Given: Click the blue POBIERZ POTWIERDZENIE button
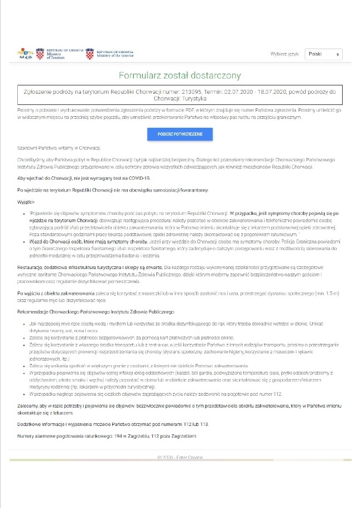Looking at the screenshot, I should (180, 135).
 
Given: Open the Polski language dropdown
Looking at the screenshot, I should (323, 54).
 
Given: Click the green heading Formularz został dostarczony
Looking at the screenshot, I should (180, 75).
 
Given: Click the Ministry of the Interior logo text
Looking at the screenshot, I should (114, 52).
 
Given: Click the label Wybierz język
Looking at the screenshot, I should (286, 54).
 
